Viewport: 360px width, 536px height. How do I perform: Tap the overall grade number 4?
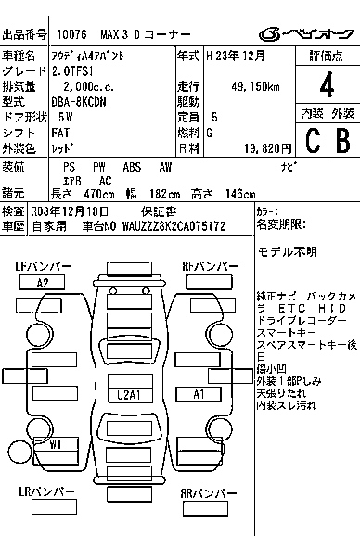click(326, 88)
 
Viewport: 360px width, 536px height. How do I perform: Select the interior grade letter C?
click(312, 141)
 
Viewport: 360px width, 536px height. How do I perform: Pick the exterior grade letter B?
click(341, 141)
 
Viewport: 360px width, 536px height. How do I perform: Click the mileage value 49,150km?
click(256, 86)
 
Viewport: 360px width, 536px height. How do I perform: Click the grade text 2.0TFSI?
click(74, 71)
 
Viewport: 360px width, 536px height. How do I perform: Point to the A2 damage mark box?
click(43, 283)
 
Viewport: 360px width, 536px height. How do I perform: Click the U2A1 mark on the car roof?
click(128, 394)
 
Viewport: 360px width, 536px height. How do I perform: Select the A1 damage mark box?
click(199, 394)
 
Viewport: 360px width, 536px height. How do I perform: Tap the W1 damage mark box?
click(56, 443)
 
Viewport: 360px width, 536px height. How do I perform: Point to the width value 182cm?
click(161, 194)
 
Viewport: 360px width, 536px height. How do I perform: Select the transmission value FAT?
click(62, 133)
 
